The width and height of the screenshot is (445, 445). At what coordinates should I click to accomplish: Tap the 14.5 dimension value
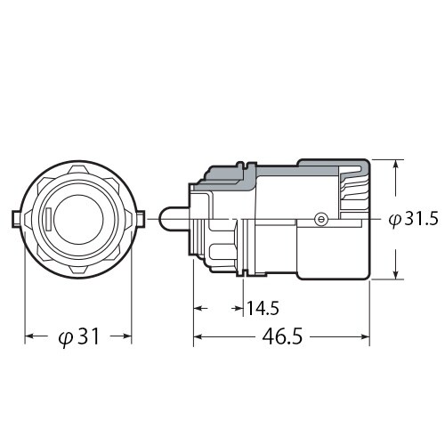tap(263, 309)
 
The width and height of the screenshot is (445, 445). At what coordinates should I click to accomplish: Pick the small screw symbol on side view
tap(321, 218)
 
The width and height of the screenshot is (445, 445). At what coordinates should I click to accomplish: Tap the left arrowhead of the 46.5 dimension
tap(198, 338)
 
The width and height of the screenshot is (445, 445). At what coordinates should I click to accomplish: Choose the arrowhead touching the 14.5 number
tap(241, 309)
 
